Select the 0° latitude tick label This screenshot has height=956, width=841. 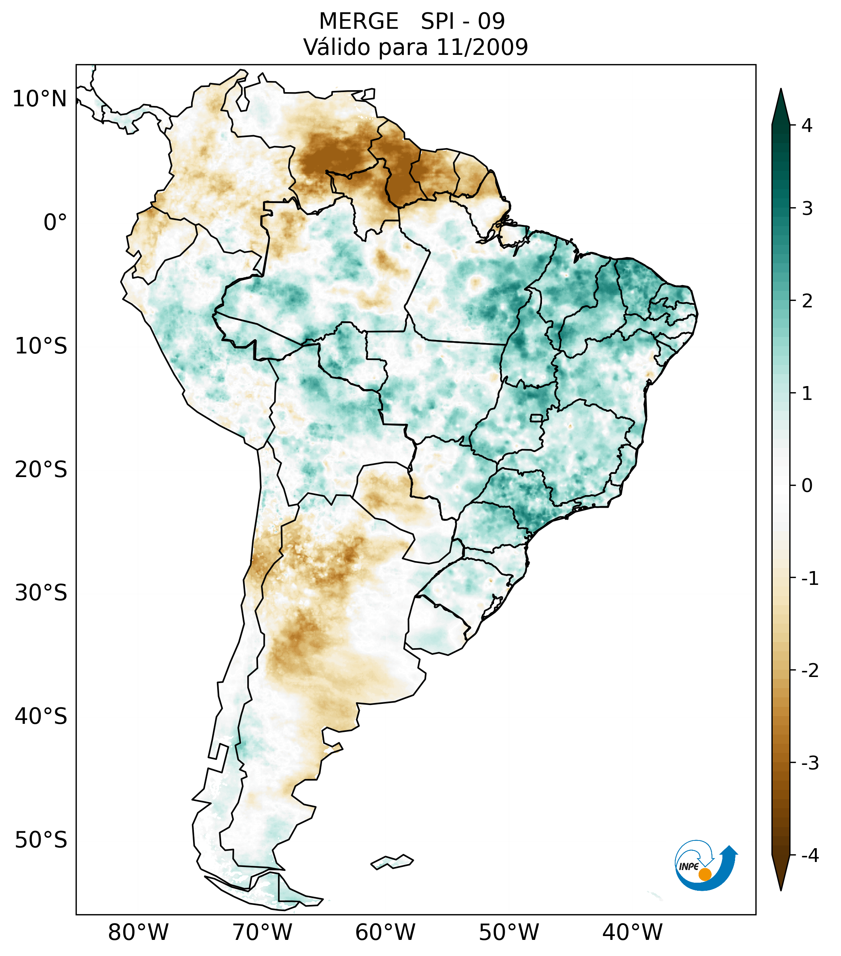click(55, 223)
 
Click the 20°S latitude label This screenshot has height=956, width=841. click(41, 470)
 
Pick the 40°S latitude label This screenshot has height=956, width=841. click(41, 717)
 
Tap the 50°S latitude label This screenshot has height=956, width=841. click(41, 840)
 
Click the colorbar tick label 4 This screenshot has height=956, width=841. click(807, 125)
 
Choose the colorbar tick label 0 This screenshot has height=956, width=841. click(807, 486)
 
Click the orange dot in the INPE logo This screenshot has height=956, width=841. click(705, 874)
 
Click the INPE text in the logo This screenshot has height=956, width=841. click(689, 867)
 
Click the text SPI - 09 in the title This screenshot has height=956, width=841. click(463, 21)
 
